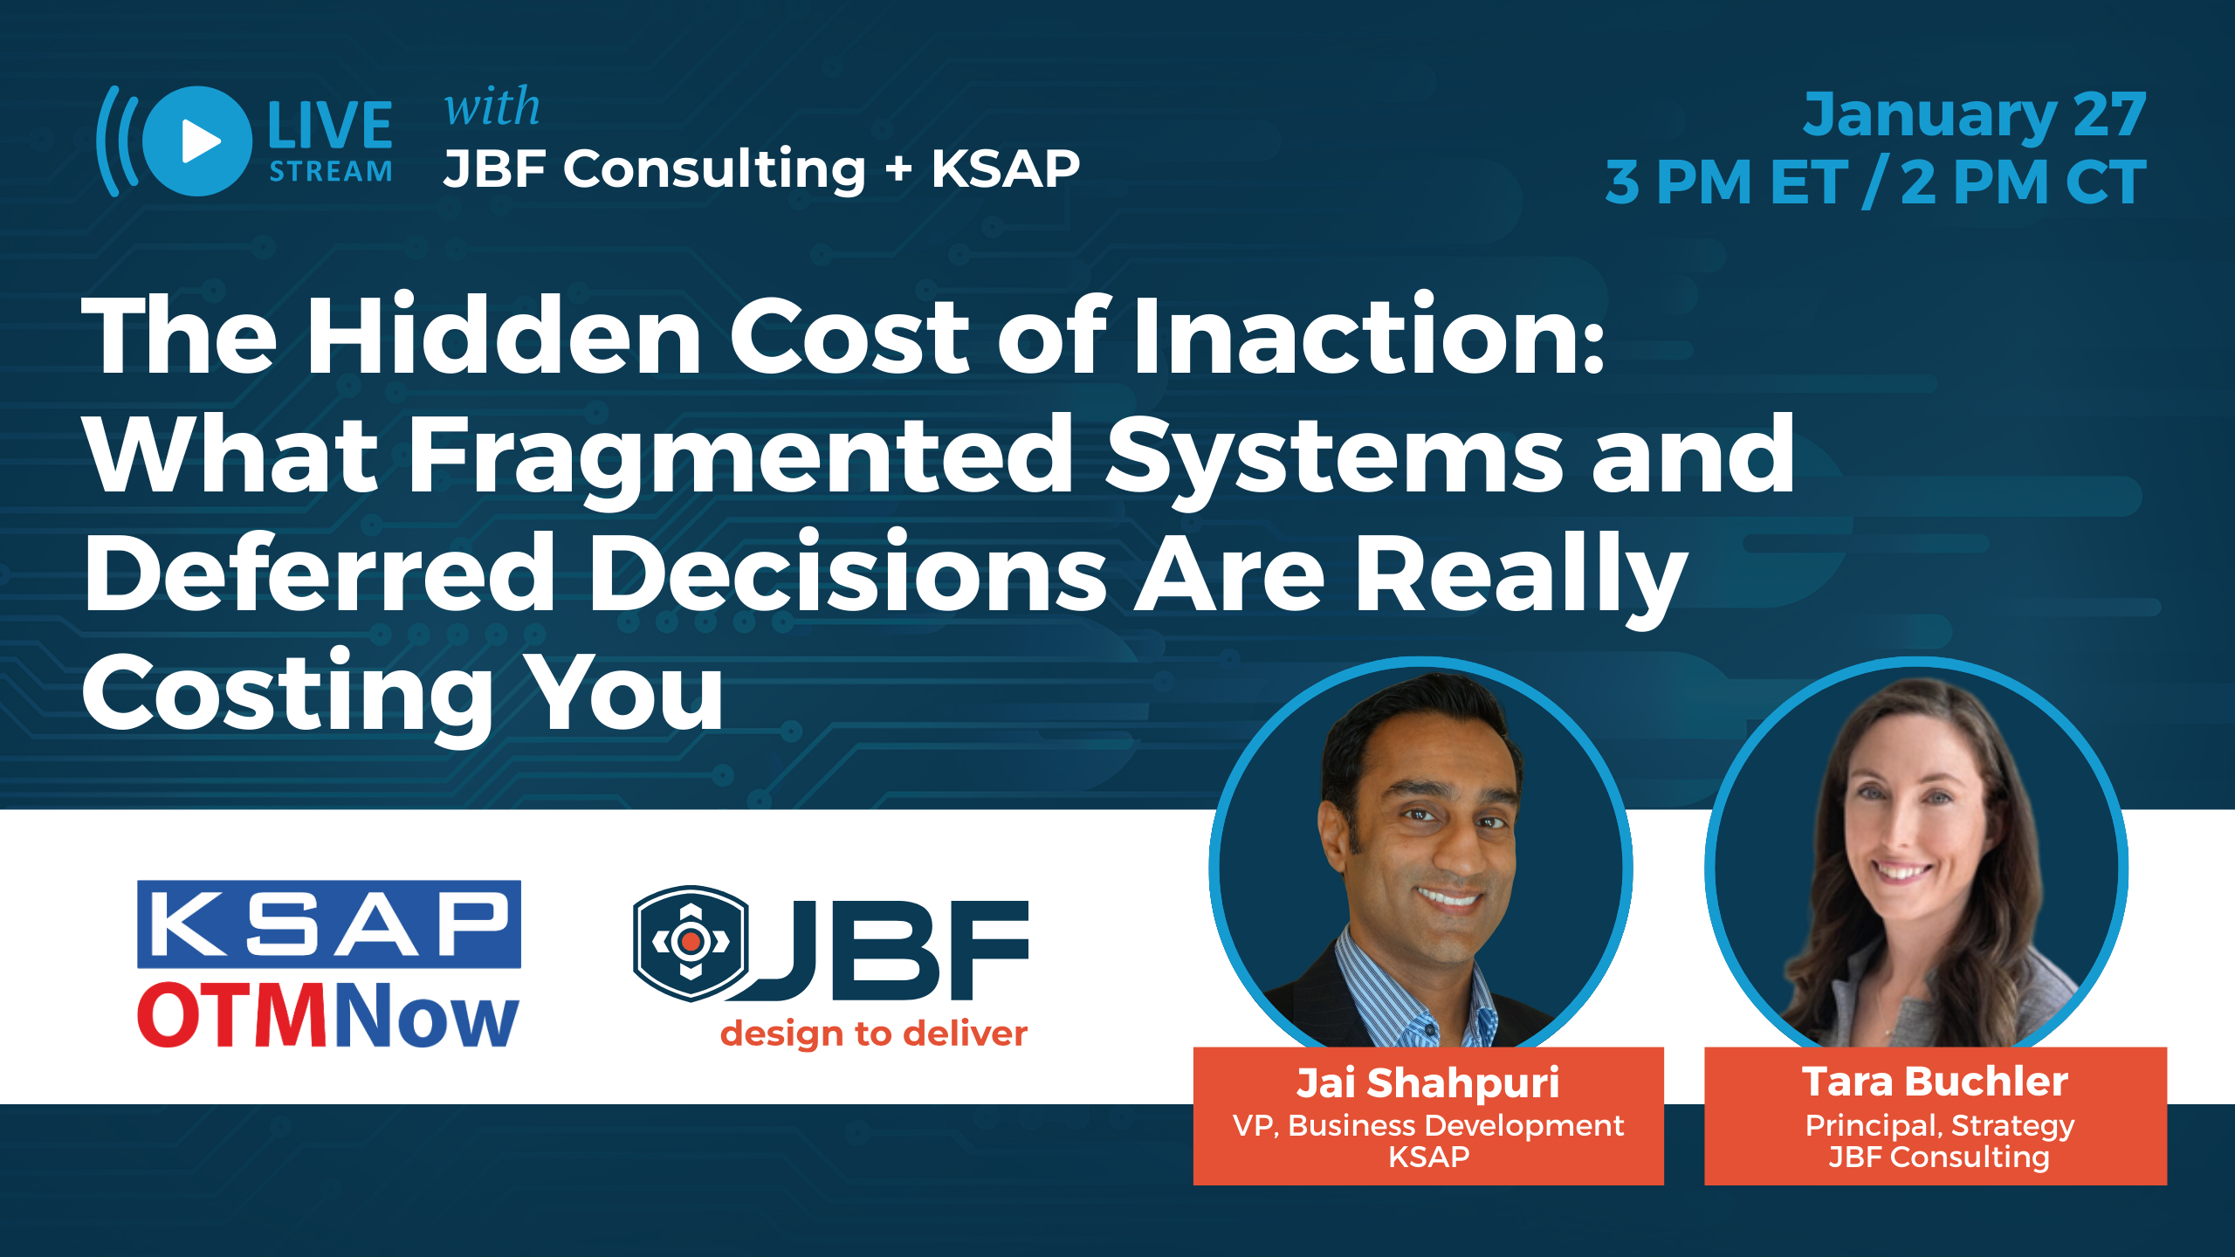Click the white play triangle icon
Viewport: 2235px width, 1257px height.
pos(200,141)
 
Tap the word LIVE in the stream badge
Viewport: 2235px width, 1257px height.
pos(330,126)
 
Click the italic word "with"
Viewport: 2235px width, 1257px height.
pos(492,107)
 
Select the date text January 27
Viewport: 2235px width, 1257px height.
pos(1975,115)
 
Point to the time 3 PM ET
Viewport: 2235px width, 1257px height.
pos(1726,182)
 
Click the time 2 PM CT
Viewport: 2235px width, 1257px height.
pos(2023,182)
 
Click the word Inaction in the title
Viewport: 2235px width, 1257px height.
pos(1369,335)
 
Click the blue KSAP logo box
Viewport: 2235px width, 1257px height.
pos(329,924)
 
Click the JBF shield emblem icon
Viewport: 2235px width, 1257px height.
pos(691,943)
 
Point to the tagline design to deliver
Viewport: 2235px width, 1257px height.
pos(874,1034)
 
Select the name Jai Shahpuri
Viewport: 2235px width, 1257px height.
pos(1428,1082)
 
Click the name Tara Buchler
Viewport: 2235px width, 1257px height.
pos(1936,1082)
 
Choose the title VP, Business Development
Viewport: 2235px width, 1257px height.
pos(1428,1126)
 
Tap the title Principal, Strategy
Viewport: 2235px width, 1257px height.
pos(1940,1127)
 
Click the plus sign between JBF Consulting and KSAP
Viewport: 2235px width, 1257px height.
pos(898,169)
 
